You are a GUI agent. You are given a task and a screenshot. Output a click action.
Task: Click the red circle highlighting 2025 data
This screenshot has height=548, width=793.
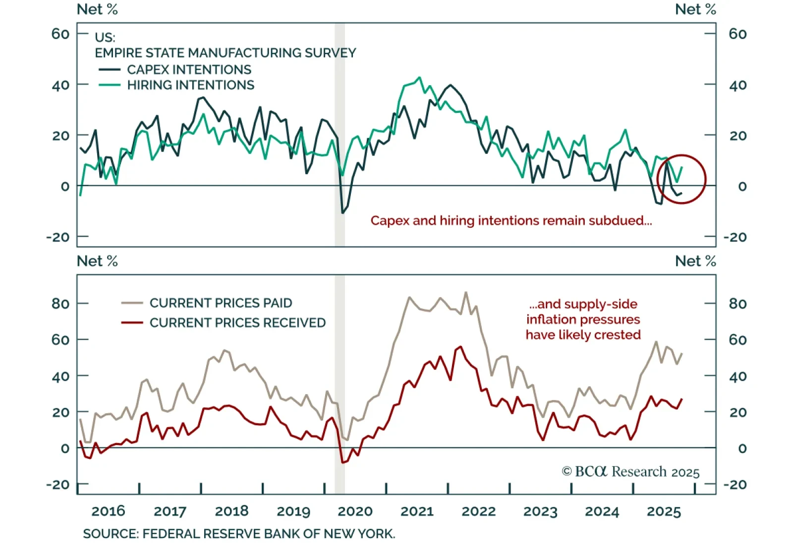click(681, 179)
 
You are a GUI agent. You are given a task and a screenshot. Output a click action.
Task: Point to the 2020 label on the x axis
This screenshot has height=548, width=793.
click(355, 511)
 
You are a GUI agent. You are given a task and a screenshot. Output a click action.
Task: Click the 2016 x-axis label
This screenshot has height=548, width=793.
click(108, 511)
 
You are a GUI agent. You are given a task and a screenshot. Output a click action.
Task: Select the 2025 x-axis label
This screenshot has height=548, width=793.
click(664, 511)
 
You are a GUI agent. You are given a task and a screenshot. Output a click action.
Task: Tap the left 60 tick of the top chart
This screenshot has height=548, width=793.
click(60, 34)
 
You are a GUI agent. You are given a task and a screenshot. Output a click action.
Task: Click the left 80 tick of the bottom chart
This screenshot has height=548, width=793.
click(60, 303)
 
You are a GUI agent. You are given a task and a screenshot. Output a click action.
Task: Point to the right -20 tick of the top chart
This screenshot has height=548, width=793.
click(735, 237)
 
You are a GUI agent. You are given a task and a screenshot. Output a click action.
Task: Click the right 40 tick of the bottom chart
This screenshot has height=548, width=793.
click(737, 376)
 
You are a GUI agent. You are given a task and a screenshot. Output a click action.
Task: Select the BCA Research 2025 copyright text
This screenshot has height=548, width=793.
click(630, 471)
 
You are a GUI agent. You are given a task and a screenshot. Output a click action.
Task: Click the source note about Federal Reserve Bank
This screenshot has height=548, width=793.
click(239, 534)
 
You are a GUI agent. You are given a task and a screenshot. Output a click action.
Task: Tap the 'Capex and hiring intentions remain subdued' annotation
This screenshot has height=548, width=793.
click(511, 221)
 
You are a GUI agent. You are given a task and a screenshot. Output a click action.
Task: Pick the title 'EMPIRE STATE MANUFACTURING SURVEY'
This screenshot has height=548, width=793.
click(226, 53)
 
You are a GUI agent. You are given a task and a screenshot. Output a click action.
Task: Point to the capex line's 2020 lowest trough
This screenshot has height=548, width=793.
click(342, 213)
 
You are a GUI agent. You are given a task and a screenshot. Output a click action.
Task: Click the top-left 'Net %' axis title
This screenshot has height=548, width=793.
click(97, 9)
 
